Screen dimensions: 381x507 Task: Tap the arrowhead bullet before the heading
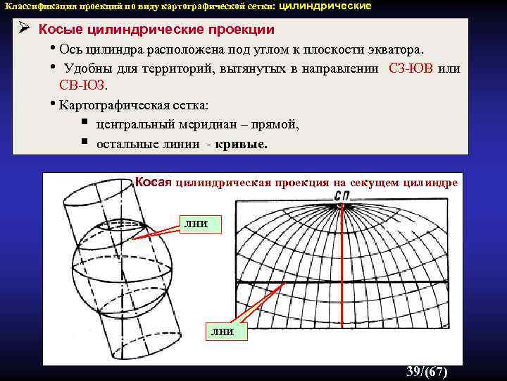tap(23, 30)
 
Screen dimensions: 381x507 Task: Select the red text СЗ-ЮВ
tap(411, 68)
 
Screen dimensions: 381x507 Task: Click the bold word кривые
tap(243, 143)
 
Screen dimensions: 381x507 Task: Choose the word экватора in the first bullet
tap(392, 49)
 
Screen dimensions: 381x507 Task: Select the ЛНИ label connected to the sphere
tap(196, 224)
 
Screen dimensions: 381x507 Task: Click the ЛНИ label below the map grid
tap(219, 331)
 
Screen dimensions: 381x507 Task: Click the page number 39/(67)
tap(427, 372)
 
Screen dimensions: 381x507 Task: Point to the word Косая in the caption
tap(154, 182)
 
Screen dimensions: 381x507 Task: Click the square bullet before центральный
tap(84, 123)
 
